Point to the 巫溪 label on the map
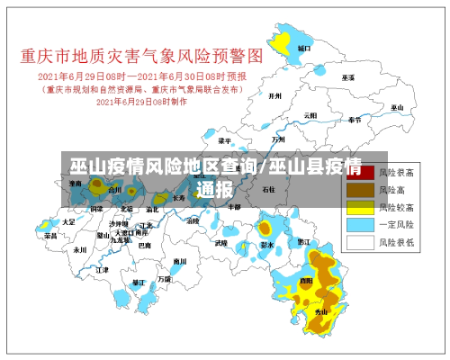click(347, 77)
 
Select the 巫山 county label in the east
click(395, 108)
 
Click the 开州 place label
click(276, 95)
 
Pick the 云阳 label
click(310, 115)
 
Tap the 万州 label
click(278, 140)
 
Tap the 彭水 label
click(266, 244)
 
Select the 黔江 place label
click(303, 241)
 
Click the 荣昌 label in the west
click(50, 236)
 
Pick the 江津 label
click(102, 269)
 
